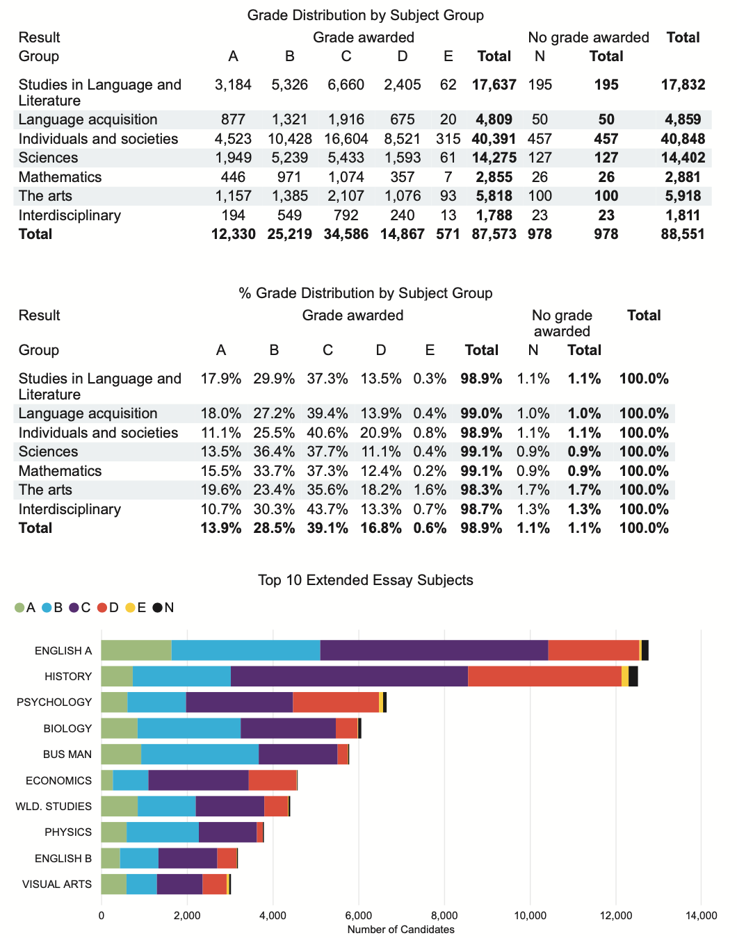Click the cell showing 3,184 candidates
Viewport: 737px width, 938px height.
click(233, 85)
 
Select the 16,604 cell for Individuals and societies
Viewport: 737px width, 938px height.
click(346, 138)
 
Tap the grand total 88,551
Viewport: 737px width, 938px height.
click(683, 234)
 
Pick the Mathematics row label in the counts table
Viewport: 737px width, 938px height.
click(60, 177)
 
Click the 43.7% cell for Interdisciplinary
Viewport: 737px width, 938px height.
click(327, 509)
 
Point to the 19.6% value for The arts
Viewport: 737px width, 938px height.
click(220, 490)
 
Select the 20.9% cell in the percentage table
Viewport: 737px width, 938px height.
click(380, 433)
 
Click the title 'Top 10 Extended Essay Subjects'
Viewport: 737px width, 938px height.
click(365, 579)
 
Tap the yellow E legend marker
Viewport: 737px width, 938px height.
click(130, 608)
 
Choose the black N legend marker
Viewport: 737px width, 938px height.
click(158, 608)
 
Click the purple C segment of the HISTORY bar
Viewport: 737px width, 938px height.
click(349, 677)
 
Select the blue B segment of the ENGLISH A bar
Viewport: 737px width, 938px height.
click(246, 650)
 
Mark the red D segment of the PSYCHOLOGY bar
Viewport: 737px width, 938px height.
click(336, 702)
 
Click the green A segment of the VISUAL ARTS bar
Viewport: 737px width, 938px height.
click(114, 884)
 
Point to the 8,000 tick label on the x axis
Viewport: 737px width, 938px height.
click(444, 915)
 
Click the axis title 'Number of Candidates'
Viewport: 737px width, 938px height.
click(400, 930)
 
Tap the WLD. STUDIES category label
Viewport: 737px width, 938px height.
click(54, 807)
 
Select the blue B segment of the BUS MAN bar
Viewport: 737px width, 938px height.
click(200, 754)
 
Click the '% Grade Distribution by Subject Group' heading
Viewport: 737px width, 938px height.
click(365, 293)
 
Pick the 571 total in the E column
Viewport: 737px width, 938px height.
click(448, 234)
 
